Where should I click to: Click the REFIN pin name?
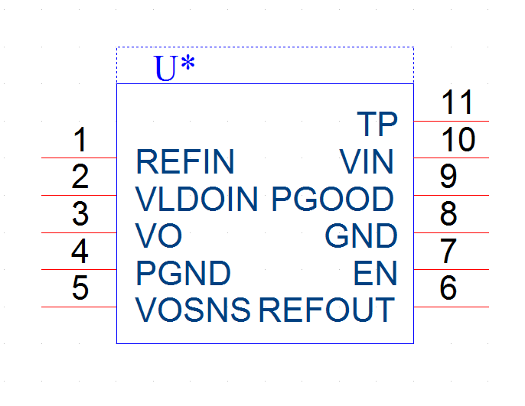(x=185, y=162)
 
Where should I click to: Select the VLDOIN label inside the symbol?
(x=197, y=199)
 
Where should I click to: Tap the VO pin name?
(x=158, y=235)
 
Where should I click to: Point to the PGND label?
(x=184, y=273)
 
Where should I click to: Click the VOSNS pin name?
(x=193, y=310)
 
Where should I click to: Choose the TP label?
(x=377, y=124)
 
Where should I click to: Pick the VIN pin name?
(x=367, y=162)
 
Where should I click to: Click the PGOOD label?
(x=333, y=199)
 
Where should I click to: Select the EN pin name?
(x=375, y=273)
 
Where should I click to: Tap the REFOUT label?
(x=327, y=310)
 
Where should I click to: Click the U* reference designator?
(x=174, y=68)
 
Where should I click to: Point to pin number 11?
(x=457, y=102)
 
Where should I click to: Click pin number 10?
(x=458, y=139)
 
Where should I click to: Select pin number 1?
(x=80, y=139)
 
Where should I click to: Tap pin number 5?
(x=80, y=287)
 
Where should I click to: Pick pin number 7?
(x=448, y=251)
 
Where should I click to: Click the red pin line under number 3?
(x=79, y=232)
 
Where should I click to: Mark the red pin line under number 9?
(x=452, y=195)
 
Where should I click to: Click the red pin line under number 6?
(x=452, y=307)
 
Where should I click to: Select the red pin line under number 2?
(x=79, y=195)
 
